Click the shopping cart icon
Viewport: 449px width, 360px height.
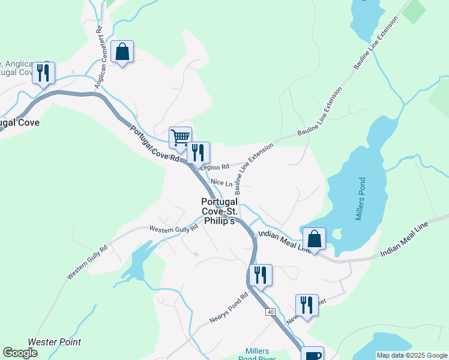tap(180, 138)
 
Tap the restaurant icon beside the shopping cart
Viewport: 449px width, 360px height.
tap(198, 153)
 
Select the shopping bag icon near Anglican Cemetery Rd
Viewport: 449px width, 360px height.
tap(122, 52)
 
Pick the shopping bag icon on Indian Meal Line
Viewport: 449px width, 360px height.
tap(314, 239)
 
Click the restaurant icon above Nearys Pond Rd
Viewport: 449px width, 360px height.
tap(260, 275)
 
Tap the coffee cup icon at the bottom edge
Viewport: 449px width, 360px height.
tap(312, 355)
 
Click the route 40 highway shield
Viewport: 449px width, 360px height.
tap(271, 312)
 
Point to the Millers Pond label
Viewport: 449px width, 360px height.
tap(360, 199)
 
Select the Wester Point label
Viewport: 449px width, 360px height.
tap(55, 342)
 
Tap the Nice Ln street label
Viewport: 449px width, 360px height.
tap(221, 182)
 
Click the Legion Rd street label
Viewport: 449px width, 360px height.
tap(215, 167)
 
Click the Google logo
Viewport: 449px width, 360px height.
tap(20, 353)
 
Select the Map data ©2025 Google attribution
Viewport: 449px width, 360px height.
tap(411, 355)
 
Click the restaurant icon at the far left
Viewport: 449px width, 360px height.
tap(43, 74)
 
